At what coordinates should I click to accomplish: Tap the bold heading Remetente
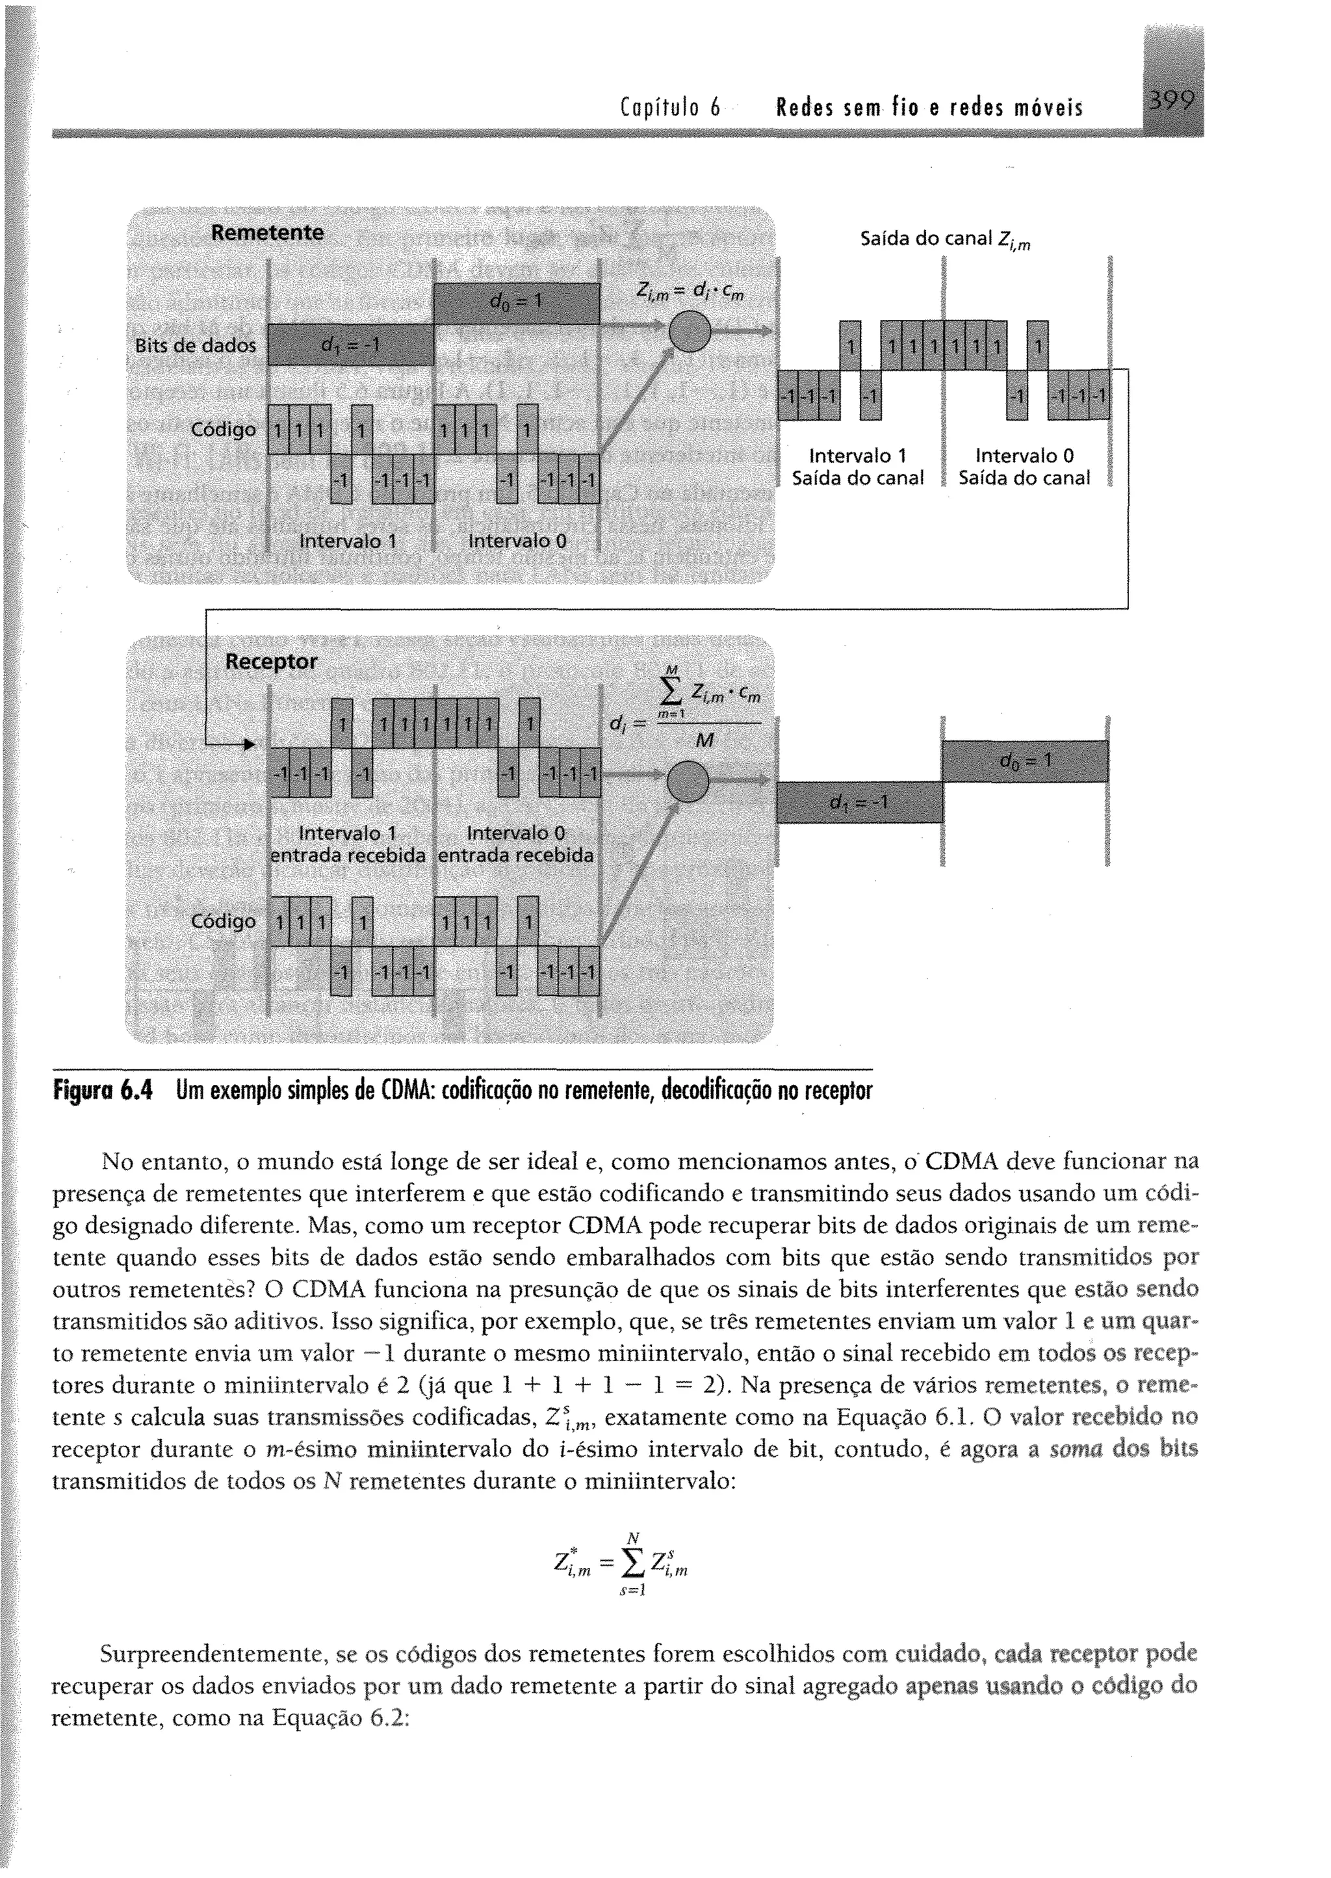point(267,233)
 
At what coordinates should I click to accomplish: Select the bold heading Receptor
point(270,662)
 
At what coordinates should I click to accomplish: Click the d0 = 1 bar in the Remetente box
point(516,302)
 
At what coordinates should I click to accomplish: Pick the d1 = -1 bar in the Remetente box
point(351,345)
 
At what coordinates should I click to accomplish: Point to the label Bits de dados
point(195,346)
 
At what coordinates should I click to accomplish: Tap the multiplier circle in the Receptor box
point(688,781)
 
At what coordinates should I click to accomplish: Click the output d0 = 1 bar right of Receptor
point(1024,761)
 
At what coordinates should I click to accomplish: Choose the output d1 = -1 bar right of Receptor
point(859,802)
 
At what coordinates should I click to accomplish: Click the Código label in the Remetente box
point(223,430)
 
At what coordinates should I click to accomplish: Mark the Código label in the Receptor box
point(223,921)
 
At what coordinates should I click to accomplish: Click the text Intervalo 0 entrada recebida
point(515,844)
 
